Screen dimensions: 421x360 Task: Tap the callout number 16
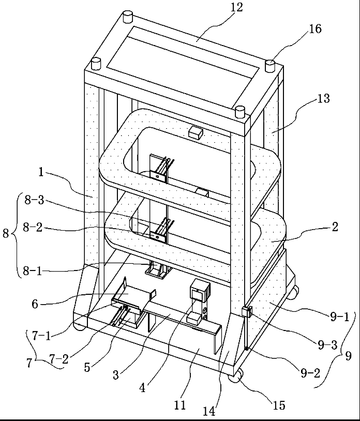[314, 29]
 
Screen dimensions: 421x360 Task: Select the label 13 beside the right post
[323, 98]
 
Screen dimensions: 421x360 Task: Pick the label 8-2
[33, 227]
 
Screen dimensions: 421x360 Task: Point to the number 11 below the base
[179, 404]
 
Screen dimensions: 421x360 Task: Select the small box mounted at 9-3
[246, 312]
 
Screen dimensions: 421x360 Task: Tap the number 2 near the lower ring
[335, 227]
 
